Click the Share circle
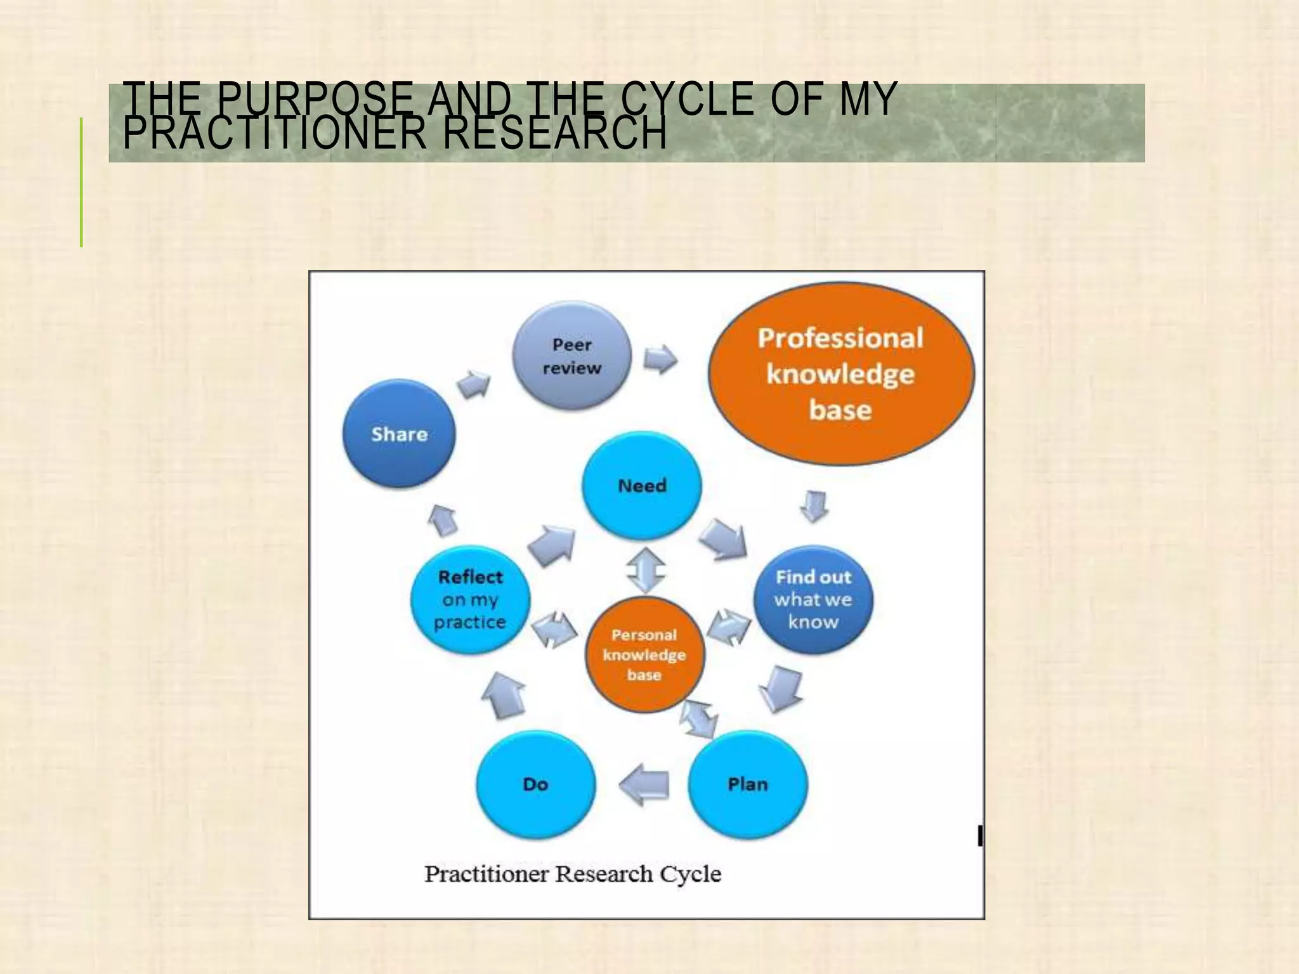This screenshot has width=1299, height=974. [399, 434]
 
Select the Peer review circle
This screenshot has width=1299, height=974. [571, 356]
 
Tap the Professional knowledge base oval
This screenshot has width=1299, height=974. [840, 374]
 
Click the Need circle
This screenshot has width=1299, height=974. [642, 486]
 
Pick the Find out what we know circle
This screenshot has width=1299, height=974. [813, 599]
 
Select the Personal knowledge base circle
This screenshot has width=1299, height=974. [644, 654]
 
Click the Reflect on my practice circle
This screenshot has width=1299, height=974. [470, 599]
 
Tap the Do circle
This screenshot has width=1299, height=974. [535, 784]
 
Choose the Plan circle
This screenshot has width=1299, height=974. [747, 784]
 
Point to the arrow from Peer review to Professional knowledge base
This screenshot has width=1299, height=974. [660, 360]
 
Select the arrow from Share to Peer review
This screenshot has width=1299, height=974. [474, 383]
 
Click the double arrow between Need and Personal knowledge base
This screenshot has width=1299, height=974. [645, 569]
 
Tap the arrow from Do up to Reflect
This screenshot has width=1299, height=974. [504, 695]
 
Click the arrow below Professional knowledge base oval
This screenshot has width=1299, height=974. [814, 506]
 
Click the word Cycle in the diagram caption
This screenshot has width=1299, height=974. [690, 874]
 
